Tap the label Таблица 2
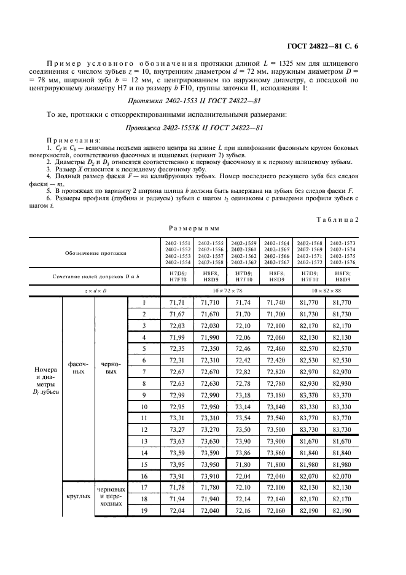point(361,219)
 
